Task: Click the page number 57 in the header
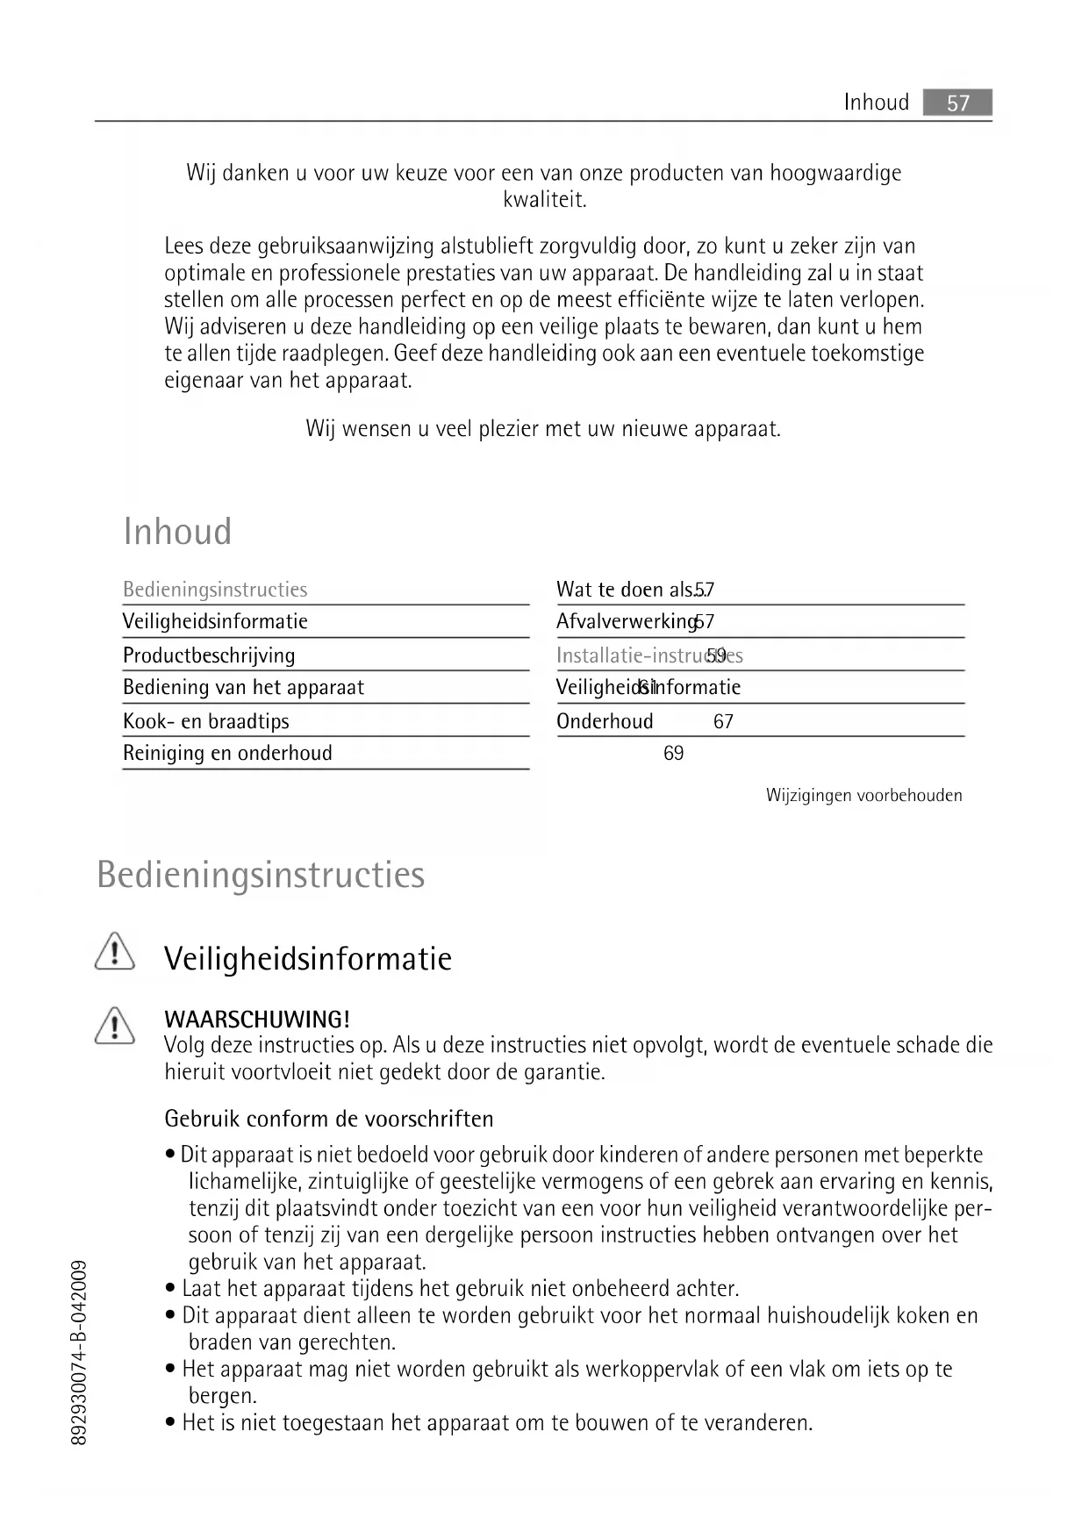[957, 104]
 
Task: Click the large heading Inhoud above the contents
[177, 532]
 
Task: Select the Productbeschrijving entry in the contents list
[209, 655]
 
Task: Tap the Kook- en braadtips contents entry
[205, 721]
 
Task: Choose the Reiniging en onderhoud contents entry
[227, 753]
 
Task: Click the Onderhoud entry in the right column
[605, 721]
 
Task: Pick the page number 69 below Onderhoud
[673, 754]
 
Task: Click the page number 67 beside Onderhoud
[723, 722]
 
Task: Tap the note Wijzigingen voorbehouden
[863, 796]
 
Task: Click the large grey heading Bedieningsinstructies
[261, 875]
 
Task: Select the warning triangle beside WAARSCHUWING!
[114, 1026]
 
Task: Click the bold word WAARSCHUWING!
[257, 1020]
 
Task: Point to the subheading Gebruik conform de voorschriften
[329, 1119]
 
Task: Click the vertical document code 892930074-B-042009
[78, 1352]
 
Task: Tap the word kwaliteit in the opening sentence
[544, 200]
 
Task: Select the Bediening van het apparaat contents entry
[243, 688]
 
